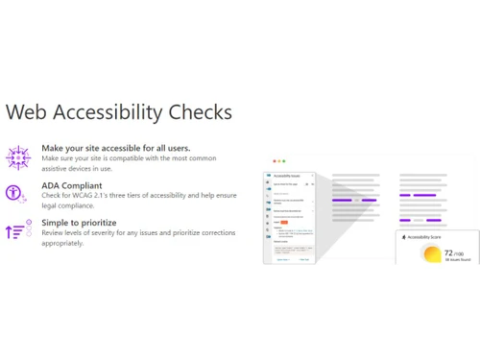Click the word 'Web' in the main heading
pyautogui.click(x=25, y=111)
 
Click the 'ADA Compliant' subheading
pyautogui.click(x=72, y=185)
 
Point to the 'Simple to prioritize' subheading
pyautogui.click(x=79, y=223)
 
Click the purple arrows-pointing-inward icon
pyautogui.click(x=17, y=157)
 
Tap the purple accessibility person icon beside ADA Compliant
pyautogui.click(x=16, y=194)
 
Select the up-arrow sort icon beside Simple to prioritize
pyautogui.click(x=17, y=231)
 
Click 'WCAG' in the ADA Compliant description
pyautogui.click(x=88, y=196)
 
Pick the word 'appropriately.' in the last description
pyautogui.click(x=62, y=243)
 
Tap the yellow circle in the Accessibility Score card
pyautogui.click(x=431, y=254)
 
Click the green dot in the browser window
pyautogui.click(x=284, y=161)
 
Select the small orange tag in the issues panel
pyautogui.click(x=284, y=222)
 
